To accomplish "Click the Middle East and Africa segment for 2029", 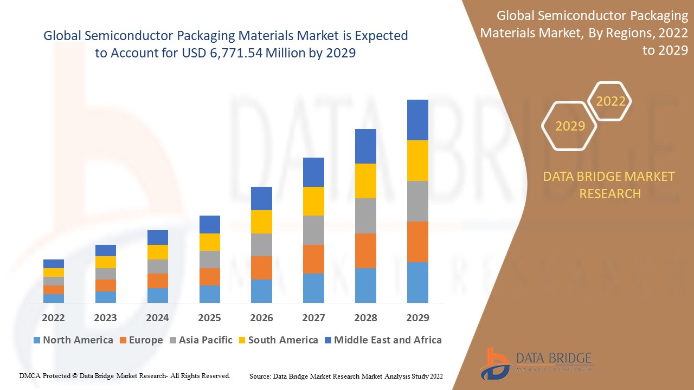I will click(x=417, y=120).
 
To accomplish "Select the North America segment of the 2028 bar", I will click(x=365, y=285).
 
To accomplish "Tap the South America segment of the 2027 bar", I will click(x=313, y=201).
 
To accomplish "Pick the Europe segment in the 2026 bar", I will click(x=261, y=268).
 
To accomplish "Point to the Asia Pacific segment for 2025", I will click(x=210, y=259).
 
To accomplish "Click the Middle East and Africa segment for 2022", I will click(x=54, y=263).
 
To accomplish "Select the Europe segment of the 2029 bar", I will click(x=417, y=242).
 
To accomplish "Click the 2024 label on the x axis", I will click(x=157, y=317).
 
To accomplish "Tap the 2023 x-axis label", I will click(x=105, y=317).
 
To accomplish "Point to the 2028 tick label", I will click(x=365, y=317).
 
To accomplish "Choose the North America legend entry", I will click(x=73, y=340).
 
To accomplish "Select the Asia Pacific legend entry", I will click(x=200, y=340).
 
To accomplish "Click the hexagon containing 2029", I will click(x=569, y=126).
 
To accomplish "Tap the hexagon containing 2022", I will click(x=610, y=101).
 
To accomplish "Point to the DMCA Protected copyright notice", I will click(x=125, y=375).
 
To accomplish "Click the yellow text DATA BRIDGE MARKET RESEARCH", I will click(x=609, y=185).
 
